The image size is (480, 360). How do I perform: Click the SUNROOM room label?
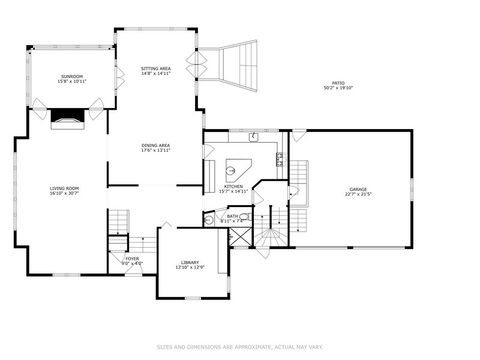pyautogui.click(x=71, y=75)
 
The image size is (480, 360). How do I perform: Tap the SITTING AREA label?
pyautogui.click(x=156, y=69)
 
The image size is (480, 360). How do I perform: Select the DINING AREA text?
pyautogui.click(x=156, y=145)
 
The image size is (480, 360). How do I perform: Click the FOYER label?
pyautogui.click(x=132, y=258)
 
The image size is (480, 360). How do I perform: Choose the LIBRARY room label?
pyautogui.click(x=190, y=262)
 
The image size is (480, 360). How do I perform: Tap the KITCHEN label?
pyautogui.click(x=233, y=186)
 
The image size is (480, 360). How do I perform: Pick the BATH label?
pyautogui.click(x=232, y=216)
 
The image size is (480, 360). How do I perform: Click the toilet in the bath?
pyautogui.click(x=208, y=221)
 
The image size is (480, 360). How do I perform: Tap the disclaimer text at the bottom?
pyautogui.click(x=239, y=347)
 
